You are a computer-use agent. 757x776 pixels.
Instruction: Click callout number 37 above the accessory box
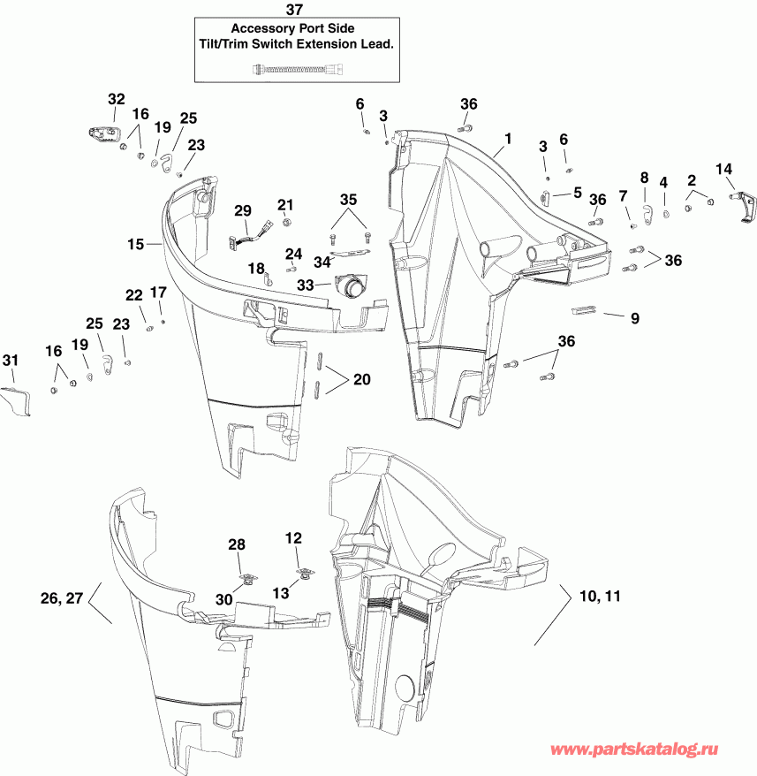pos(294,10)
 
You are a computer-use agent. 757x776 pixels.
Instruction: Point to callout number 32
pos(117,98)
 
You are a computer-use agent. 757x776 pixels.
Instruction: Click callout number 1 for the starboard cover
pos(508,139)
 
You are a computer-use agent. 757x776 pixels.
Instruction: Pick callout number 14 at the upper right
pos(723,169)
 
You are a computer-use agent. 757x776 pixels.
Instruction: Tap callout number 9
pos(633,316)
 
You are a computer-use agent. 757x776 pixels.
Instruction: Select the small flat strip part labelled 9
pos(586,309)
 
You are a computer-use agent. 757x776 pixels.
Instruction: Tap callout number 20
pos(360,379)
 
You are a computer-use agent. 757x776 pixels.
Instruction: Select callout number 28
pos(237,544)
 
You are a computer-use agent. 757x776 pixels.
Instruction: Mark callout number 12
pos(292,536)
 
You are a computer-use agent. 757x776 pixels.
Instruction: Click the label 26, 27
pos(62,598)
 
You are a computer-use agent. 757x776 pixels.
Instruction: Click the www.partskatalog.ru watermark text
pos(652,749)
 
